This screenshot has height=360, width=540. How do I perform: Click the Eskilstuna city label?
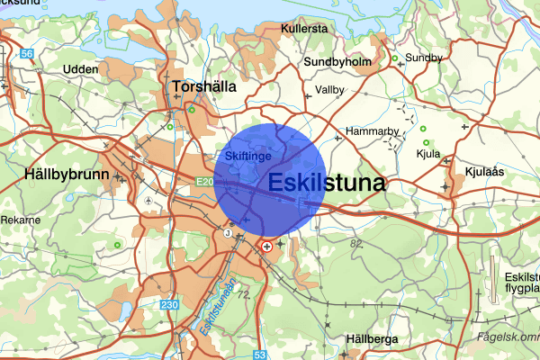327,183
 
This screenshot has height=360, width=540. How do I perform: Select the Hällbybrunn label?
67,174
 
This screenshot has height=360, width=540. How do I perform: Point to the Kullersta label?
303,29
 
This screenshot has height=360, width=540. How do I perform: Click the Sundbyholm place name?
337,61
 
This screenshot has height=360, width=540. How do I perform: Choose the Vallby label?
330,90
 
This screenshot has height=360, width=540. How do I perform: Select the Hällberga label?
372,339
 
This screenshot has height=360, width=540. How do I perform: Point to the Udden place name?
80,68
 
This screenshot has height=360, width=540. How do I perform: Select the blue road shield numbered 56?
28,54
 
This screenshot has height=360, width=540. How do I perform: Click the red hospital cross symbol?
265,245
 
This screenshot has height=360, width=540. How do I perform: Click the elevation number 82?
355,243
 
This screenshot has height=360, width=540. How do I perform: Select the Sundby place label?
425,58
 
